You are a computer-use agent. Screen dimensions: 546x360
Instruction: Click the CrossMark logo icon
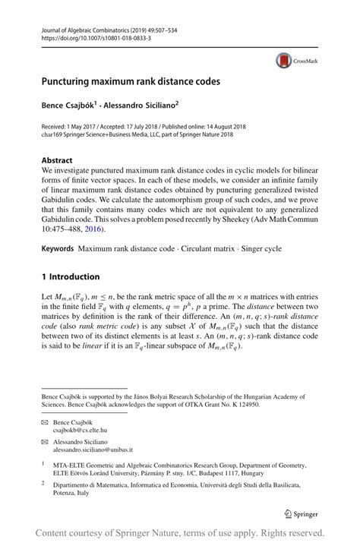283,60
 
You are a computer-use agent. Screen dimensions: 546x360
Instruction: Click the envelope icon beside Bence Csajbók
46,420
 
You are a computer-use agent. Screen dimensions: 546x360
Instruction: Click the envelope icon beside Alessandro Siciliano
46,441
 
